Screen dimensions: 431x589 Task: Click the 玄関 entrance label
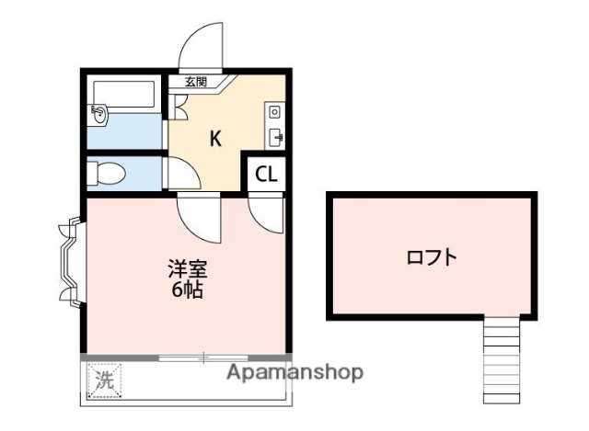pos(195,82)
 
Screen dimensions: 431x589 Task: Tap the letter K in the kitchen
pos(215,139)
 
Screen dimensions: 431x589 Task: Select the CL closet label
pos(266,175)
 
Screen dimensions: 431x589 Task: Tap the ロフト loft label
pos(432,256)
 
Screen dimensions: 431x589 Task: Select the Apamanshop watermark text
pos(294,372)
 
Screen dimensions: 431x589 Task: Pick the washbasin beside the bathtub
pos(98,114)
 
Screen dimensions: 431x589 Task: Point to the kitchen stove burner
pos(274,112)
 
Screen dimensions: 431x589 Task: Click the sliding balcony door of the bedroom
pos(202,357)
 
